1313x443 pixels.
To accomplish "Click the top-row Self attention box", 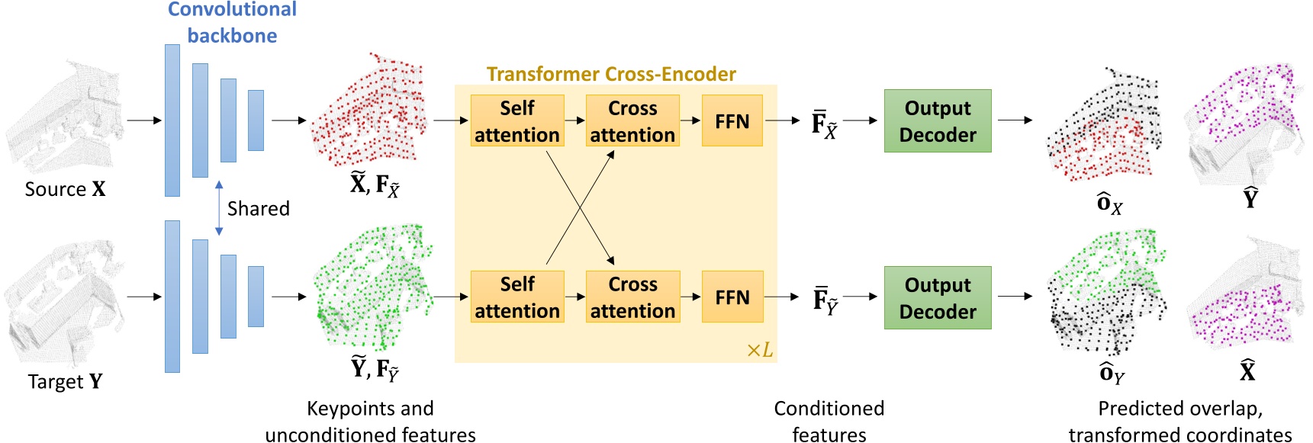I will (x=517, y=120).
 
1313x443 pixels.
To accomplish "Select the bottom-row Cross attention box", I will (x=632, y=297).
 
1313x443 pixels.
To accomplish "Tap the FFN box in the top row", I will (x=732, y=120).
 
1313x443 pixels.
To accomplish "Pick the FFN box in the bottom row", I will (x=732, y=297).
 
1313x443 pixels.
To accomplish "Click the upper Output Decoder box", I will (x=938, y=120).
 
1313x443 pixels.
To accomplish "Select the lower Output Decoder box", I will (x=938, y=297).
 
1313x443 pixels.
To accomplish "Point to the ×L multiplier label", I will (x=759, y=350).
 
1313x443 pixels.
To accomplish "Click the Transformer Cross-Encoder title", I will (x=611, y=74).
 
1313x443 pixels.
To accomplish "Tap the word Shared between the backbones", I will (x=259, y=208).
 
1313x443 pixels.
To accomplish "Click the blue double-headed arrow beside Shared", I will (x=219, y=208).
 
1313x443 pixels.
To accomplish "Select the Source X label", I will (x=65, y=189).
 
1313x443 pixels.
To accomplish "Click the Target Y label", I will (x=65, y=381).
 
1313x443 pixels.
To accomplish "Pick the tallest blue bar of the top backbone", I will (x=172, y=120).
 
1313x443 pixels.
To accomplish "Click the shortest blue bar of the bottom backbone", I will (x=256, y=297).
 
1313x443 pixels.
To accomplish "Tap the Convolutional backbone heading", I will (x=232, y=22).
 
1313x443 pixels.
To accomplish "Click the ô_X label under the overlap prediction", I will (x=1109, y=204).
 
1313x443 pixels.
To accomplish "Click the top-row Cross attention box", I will (x=632, y=120).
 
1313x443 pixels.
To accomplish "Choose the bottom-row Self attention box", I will (x=517, y=297).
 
